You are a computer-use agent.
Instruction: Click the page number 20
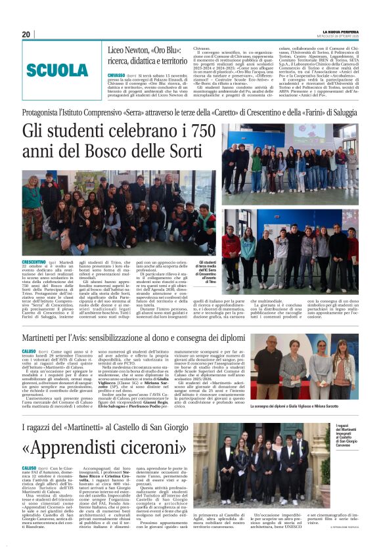coord(26,34)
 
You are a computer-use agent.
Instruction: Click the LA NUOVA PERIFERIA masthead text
coord(340,31)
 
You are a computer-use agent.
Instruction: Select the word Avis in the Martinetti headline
coord(91,338)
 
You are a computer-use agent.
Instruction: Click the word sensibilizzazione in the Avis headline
coord(139,338)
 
